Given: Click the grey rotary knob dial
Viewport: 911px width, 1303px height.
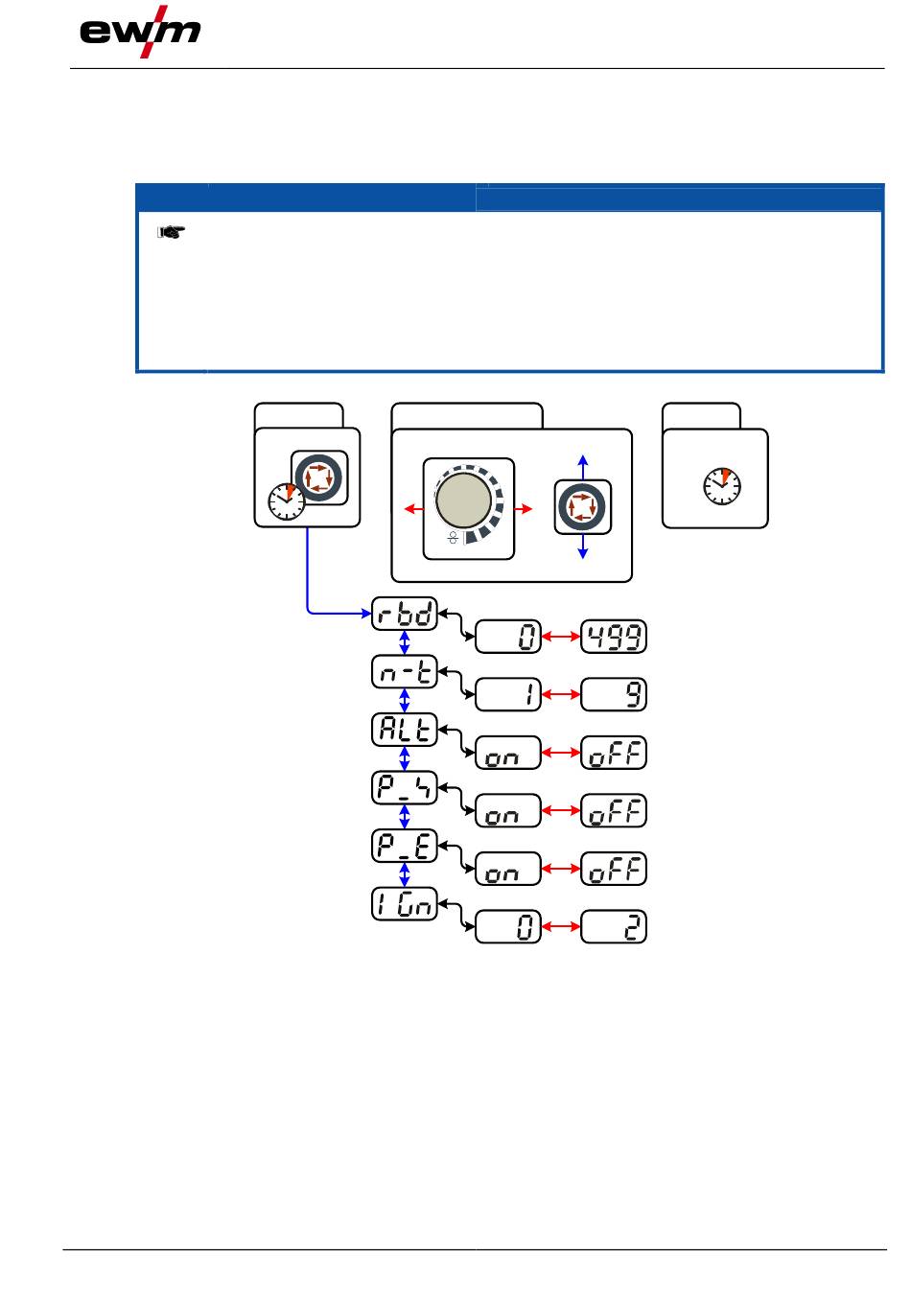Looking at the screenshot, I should tap(463, 500).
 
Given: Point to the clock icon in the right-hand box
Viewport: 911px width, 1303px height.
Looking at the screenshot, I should tap(721, 485).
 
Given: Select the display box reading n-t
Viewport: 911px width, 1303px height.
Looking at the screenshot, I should tap(405, 672).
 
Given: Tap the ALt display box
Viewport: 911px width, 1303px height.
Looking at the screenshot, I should tap(405, 731).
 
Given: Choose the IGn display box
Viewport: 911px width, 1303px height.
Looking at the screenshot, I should tap(405, 904).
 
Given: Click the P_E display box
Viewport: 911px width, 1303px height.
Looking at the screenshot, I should tap(405, 847).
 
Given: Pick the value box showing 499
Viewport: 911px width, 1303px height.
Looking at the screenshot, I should tap(614, 638).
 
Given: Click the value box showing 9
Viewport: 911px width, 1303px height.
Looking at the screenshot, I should tap(614, 695).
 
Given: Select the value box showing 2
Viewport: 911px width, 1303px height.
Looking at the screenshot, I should tap(614, 927).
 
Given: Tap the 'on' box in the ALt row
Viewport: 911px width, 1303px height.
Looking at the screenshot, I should tap(508, 754).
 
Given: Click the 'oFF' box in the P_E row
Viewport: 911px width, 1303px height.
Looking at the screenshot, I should tap(614, 870).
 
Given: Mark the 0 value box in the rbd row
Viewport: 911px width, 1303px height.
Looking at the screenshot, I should tap(508, 638).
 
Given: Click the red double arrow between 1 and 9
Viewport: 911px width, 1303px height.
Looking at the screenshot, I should tap(561, 695).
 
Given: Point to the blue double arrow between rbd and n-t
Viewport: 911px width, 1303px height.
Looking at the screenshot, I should tap(405, 643).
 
